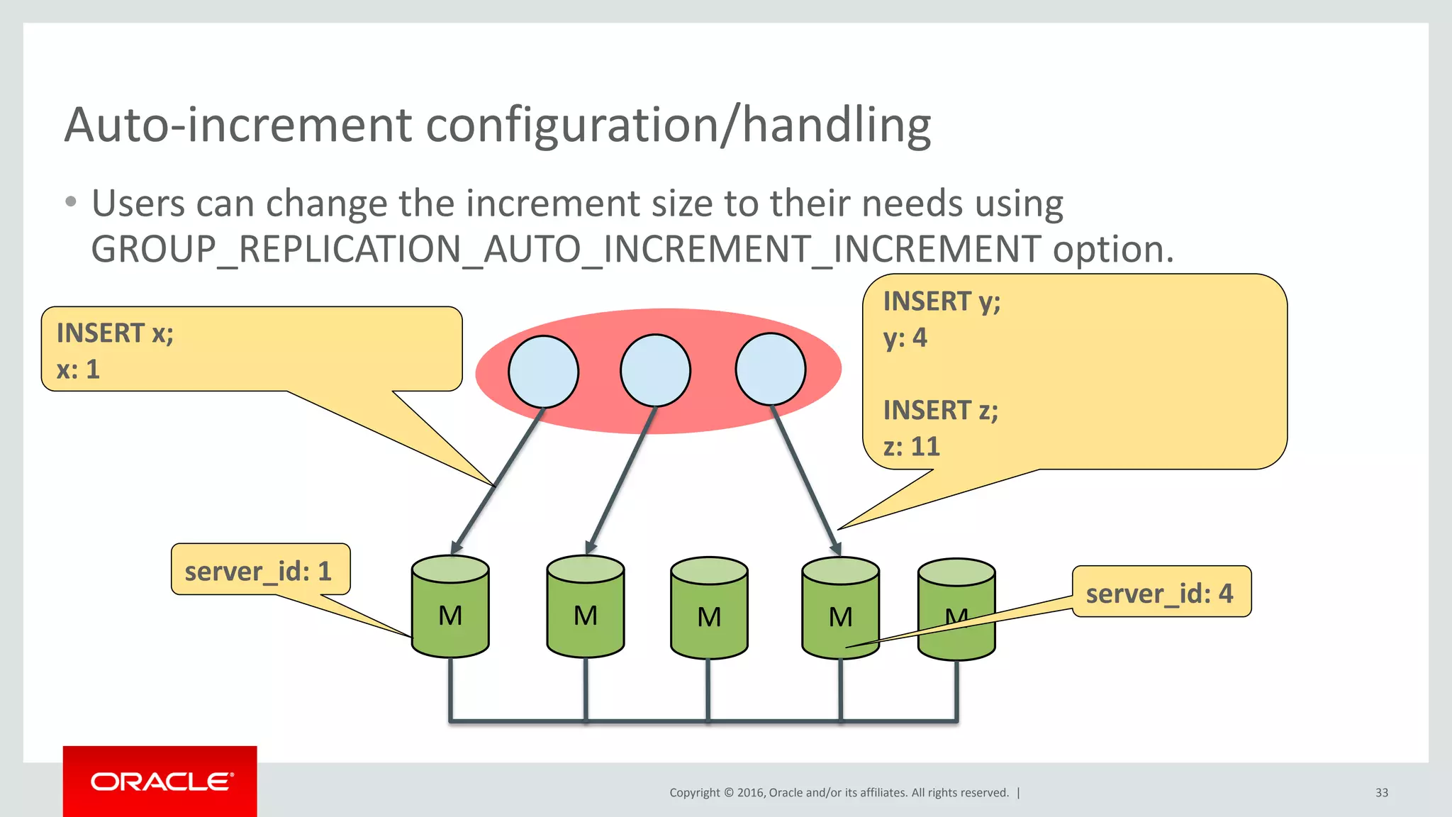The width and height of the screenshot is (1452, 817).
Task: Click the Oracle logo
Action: tap(160, 782)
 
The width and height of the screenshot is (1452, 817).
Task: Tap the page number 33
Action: tap(1381, 793)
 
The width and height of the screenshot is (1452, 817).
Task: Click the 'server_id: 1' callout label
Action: tap(259, 571)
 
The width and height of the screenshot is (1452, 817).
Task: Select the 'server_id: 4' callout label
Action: tap(1160, 593)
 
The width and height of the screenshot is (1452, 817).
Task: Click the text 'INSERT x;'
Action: tap(116, 333)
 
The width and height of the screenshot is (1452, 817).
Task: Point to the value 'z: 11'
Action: tap(912, 447)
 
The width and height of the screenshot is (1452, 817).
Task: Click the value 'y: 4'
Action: tap(905, 338)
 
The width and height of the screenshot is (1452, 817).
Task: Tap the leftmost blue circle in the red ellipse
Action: tap(543, 371)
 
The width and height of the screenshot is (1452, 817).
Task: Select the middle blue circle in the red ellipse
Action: tap(655, 370)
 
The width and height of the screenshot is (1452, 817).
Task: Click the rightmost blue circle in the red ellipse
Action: tap(771, 369)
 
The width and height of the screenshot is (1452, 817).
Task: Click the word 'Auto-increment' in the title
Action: tap(238, 126)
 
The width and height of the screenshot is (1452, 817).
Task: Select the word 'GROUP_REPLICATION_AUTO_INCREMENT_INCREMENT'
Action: tap(566, 250)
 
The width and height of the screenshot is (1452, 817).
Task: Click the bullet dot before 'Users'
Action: tap(70, 202)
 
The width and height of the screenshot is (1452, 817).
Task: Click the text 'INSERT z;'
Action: tap(941, 411)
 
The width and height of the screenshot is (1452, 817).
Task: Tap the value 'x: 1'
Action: tap(78, 369)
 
